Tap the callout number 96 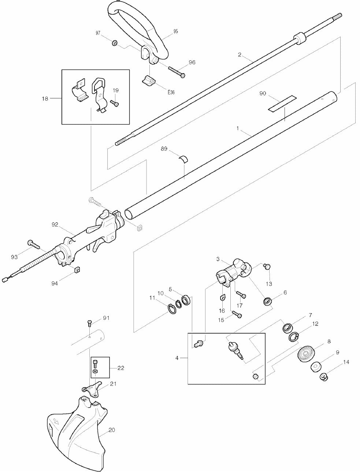[192, 63]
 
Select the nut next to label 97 [114, 44]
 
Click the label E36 [171, 92]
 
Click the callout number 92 [55, 225]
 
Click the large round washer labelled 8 [306, 353]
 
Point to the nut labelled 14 [324, 377]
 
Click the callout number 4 [177, 358]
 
